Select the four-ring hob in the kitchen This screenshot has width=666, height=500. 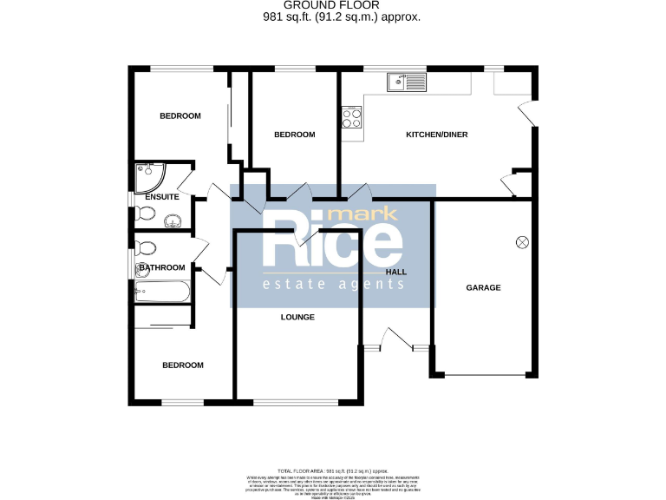pyautogui.click(x=351, y=117)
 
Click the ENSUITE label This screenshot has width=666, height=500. pyautogui.click(x=161, y=197)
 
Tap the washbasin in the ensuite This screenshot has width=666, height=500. pyautogui.click(x=173, y=217)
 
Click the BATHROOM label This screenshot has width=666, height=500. pyautogui.click(x=162, y=267)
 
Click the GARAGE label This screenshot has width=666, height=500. pyautogui.click(x=483, y=287)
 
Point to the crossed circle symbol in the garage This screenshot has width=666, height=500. pyautogui.click(x=523, y=241)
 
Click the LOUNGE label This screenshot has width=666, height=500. pyautogui.click(x=297, y=317)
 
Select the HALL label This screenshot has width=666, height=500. pyautogui.click(x=396, y=272)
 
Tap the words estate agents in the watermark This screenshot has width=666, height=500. pyautogui.click(x=333, y=284)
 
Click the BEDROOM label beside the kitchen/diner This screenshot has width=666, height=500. pyautogui.click(x=294, y=135)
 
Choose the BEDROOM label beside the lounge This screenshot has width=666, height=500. pyautogui.click(x=183, y=365)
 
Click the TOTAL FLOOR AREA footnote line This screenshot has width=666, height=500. pyautogui.click(x=333, y=470)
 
